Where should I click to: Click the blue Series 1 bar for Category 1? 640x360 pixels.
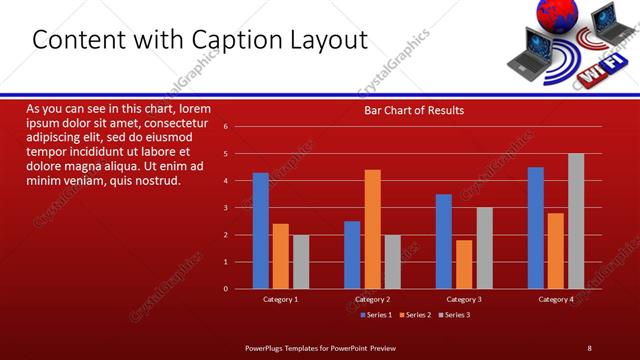[x=261, y=231]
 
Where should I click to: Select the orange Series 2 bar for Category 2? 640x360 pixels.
[x=372, y=229]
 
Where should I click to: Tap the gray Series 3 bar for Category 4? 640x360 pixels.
[x=576, y=221]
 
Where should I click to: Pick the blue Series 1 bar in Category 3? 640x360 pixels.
[x=444, y=241]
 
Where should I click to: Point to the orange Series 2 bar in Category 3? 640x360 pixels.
[x=464, y=264]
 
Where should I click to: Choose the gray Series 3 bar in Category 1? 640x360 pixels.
[x=301, y=262]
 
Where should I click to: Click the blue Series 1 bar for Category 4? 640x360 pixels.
[x=536, y=228]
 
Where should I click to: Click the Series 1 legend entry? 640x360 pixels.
[x=377, y=315]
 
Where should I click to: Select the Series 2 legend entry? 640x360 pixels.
[x=417, y=315]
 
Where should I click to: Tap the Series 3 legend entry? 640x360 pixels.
[x=456, y=315]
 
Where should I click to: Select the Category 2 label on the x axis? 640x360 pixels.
[x=372, y=299]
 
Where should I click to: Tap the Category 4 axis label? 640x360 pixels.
[x=556, y=299]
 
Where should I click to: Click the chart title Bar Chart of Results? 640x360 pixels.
[x=414, y=110]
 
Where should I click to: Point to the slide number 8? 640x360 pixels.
[x=589, y=347]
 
